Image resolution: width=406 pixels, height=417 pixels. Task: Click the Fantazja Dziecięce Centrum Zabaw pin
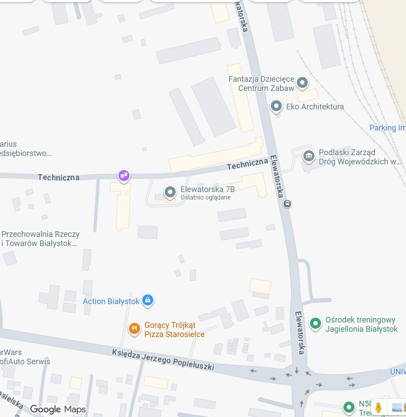[302, 82]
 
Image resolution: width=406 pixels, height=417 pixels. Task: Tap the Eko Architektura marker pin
[276, 106]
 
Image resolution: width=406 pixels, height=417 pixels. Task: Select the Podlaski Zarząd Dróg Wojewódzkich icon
[309, 155]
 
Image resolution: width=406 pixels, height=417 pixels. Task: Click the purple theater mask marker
[124, 176]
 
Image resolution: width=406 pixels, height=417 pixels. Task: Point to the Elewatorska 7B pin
[170, 192]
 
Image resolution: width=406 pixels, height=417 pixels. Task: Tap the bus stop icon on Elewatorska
[287, 203]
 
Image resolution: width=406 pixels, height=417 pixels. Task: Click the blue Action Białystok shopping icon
[148, 300]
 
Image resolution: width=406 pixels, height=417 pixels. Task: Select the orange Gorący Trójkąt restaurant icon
[134, 328]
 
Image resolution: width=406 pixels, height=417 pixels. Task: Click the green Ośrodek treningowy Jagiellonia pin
[315, 324]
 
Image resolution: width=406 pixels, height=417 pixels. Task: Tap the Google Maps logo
[58, 410]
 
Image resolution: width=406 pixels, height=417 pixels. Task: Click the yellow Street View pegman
[378, 407]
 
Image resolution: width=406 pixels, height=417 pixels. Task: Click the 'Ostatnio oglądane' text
[205, 198]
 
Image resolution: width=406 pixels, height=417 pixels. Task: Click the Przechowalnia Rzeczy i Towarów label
[40, 239]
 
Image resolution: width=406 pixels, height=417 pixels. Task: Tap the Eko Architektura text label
[315, 106]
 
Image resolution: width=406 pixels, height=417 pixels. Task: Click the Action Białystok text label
[111, 301]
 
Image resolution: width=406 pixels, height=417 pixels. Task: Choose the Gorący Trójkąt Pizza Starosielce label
[174, 330]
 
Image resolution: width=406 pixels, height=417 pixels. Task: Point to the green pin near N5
[349, 407]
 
